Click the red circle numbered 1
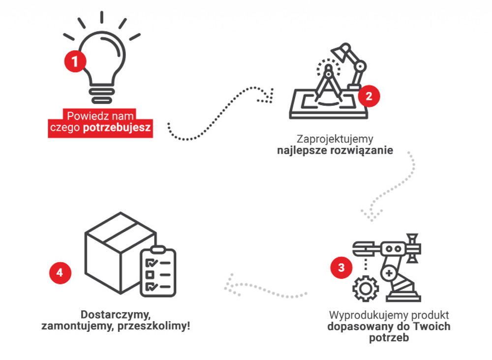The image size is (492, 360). coord(75,62)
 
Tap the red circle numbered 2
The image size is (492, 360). coord(369,95)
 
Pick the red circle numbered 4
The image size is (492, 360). coord(60,273)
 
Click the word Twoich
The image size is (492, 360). coord(433,327)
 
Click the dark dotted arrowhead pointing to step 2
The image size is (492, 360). coord(268,95)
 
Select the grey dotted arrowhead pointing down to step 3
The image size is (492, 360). coord(369,216)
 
